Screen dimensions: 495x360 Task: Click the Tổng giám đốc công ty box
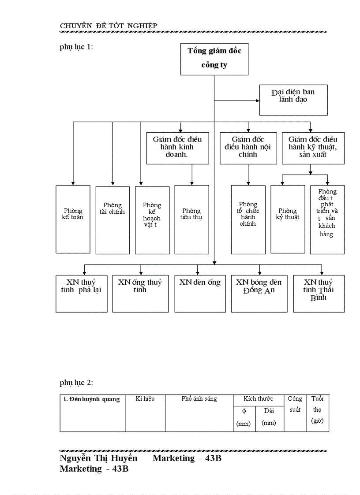(214, 59)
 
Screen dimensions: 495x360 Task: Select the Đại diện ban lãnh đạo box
(293, 100)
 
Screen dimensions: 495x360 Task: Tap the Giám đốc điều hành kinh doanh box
(177, 148)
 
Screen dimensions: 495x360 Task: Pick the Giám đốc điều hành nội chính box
(248, 148)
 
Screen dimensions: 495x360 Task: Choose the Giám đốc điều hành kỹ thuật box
(313, 148)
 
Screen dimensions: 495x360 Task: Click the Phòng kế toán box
(73, 219)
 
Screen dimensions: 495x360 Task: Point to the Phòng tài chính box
(112, 220)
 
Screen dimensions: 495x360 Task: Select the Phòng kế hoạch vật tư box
(152, 220)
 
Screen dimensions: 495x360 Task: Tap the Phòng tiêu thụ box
(191, 219)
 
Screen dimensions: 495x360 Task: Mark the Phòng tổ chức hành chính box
(248, 219)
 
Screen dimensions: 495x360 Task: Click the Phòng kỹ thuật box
(288, 219)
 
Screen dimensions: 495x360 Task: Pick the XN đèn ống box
(200, 294)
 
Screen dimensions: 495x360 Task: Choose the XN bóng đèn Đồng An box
(259, 294)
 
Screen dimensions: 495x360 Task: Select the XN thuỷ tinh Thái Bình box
(319, 294)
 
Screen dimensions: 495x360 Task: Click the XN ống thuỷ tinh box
(140, 294)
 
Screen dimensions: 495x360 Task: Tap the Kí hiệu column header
(145, 399)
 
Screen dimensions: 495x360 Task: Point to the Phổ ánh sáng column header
(199, 399)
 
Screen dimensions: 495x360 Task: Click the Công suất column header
(295, 404)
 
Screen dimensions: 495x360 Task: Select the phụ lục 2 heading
(76, 383)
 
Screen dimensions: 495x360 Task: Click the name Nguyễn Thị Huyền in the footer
(98, 458)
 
